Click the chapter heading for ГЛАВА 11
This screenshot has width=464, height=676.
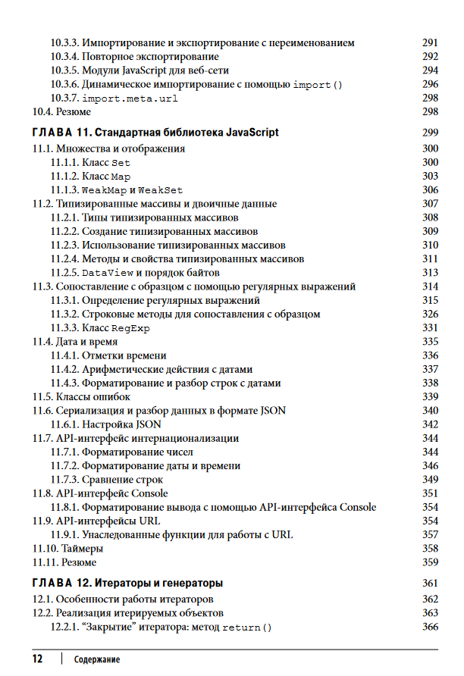(x=155, y=133)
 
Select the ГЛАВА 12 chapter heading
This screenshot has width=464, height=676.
(x=127, y=584)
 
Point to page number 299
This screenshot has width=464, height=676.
(x=430, y=133)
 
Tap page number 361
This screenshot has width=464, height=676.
(x=430, y=584)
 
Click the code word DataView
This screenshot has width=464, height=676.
(x=108, y=273)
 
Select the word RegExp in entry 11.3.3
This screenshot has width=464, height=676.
(x=130, y=328)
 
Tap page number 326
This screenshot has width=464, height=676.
(x=430, y=314)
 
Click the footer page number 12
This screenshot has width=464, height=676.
(x=37, y=659)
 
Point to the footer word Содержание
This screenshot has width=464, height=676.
(x=97, y=660)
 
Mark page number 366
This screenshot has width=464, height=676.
(x=430, y=627)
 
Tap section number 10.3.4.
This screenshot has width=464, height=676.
(x=64, y=57)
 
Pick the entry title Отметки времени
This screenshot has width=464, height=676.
(x=124, y=355)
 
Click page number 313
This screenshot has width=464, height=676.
(x=430, y=273)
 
